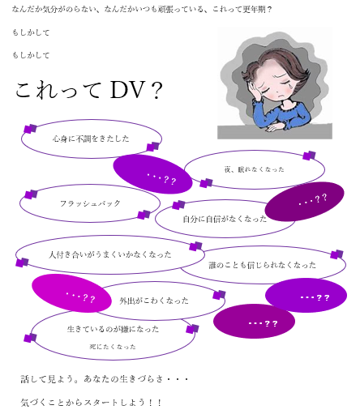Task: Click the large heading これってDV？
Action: coord(89,90)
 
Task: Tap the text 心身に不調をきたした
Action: coord(91,139)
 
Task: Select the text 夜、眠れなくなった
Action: coord(255,169)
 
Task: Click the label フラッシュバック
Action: coord(90,203)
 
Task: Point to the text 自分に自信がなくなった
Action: coord(225,219)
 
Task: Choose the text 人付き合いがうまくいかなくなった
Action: coord(110,254)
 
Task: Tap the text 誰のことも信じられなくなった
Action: coord(262,265)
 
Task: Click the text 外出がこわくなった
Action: coord(154,301)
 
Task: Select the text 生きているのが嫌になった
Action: coord(113,329)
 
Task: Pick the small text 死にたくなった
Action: coord(113,347)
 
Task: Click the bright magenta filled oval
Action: coord(71,293)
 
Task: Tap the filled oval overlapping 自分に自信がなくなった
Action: coord(304,202)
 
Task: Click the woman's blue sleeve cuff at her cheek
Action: coord(258,103)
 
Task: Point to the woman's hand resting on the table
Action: coord(275,127)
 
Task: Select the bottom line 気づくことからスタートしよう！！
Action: coord(91,403)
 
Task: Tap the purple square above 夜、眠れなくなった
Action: coord(310,156)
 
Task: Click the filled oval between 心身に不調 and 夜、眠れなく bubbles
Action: coord(152,174)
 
